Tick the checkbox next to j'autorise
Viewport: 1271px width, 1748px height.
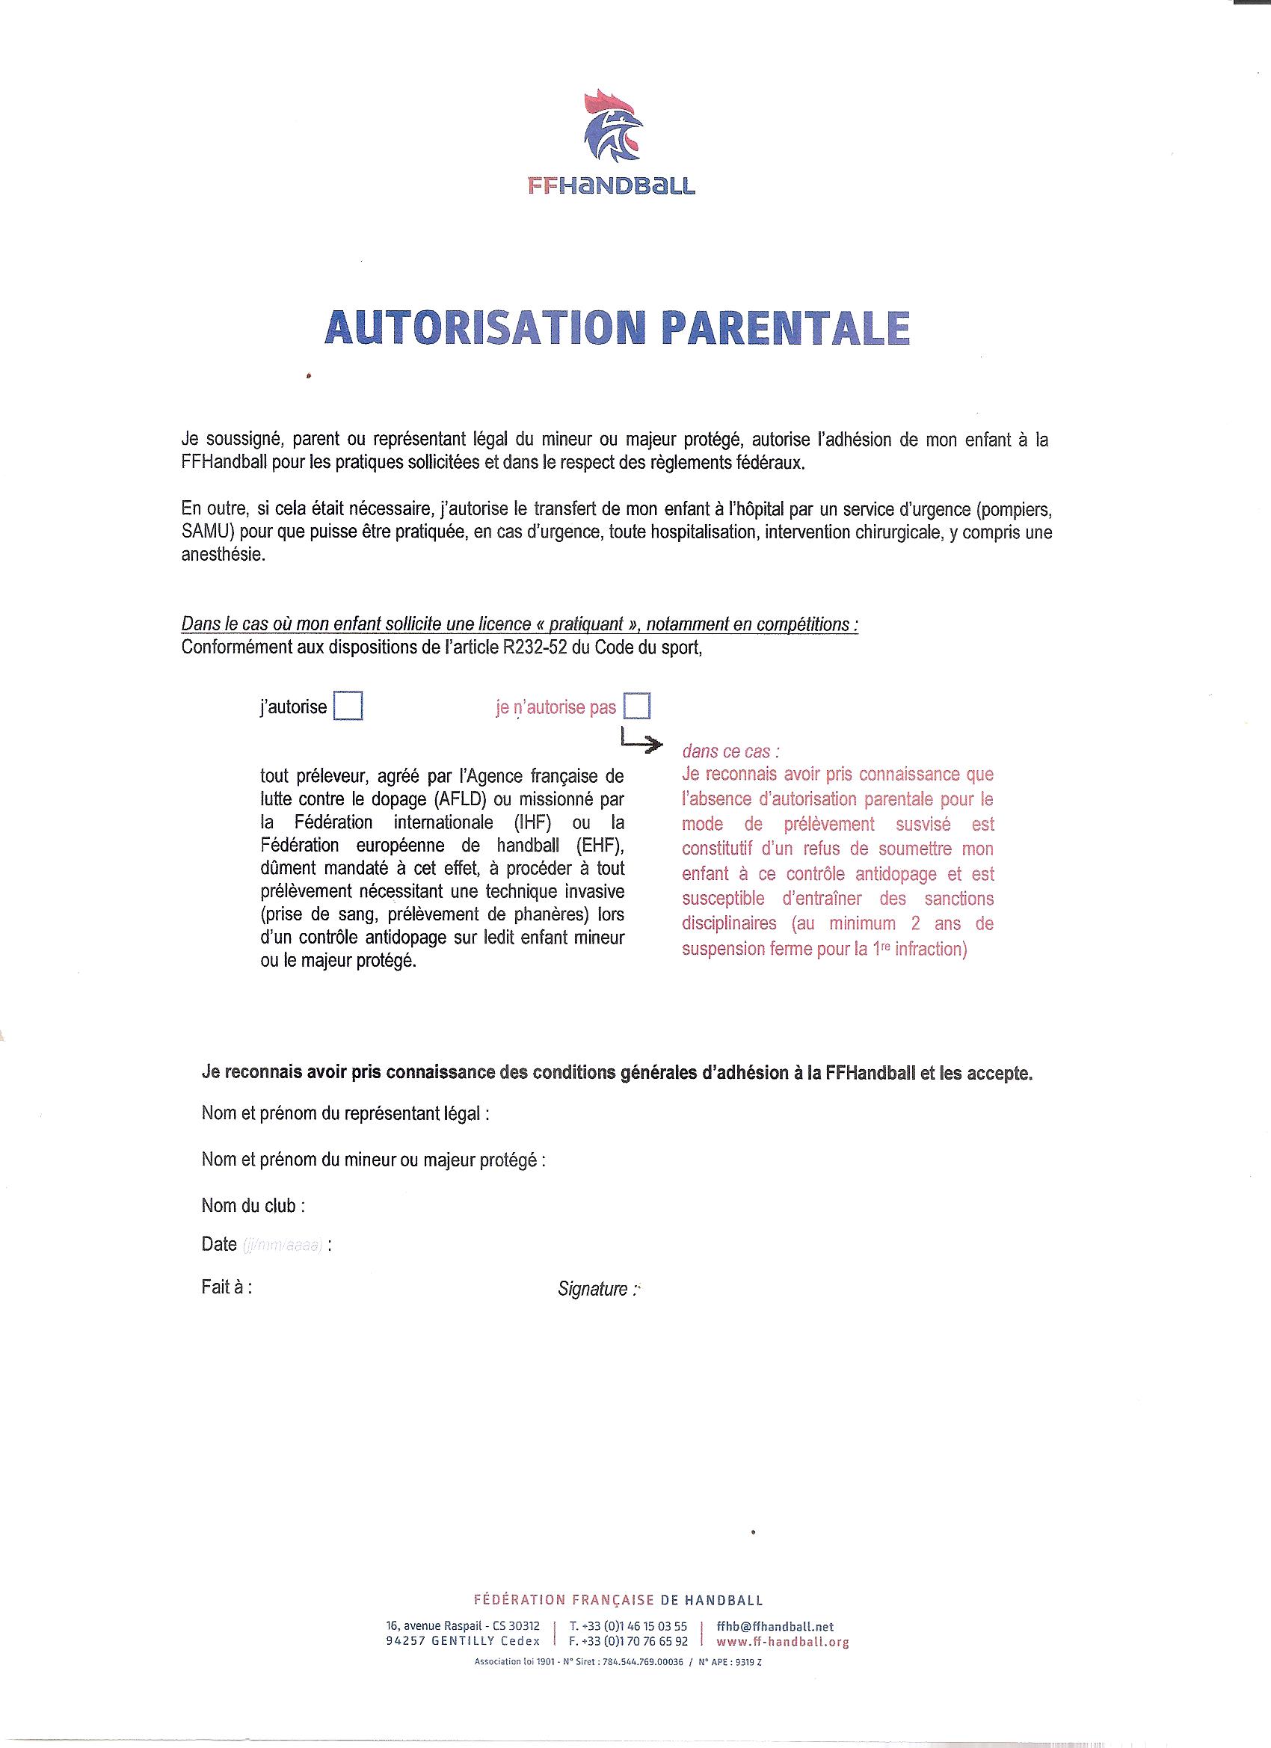(348, 706)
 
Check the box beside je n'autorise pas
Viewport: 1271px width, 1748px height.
(638, 705)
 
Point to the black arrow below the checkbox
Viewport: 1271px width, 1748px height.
(641, 742)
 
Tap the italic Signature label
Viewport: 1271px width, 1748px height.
(597, 1289)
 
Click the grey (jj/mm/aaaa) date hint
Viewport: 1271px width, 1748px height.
(282, 1245)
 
